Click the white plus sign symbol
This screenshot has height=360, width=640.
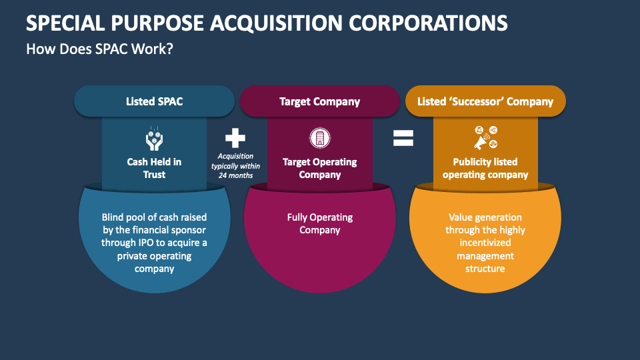pyautogui.click(x=235, y=138)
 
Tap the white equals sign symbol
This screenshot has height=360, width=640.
pyautogui.click(x=403, y=138)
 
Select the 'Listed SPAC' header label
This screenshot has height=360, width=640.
pyautogui.click(x=154, y=102)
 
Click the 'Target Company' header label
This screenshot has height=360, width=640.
pyautogui.click(x=319, y=102)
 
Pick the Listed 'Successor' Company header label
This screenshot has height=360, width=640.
pyautogui.click(x=485, y=102)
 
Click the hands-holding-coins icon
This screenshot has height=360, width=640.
pyautogui.click(x=154, y=138)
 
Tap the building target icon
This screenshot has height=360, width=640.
pyautogui.click(x=319, y=138)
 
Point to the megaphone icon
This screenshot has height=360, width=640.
pyautogui.click(x=485, y=138)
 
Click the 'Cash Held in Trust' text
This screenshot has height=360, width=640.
pyautogui.click(x=154, y=168)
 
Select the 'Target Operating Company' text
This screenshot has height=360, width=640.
pyautogui.click(x=319, y=168)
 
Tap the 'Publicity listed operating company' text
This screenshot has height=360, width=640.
pyautogui.click(x=485, y=168)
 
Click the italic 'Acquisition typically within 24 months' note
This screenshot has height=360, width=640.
pyautogui.click(x=235, y=166)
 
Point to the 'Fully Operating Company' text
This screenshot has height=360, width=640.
pyautogui.click(x=319, y=223)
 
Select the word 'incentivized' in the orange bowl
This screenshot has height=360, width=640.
pyautogui.click(x=485, y=243)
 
